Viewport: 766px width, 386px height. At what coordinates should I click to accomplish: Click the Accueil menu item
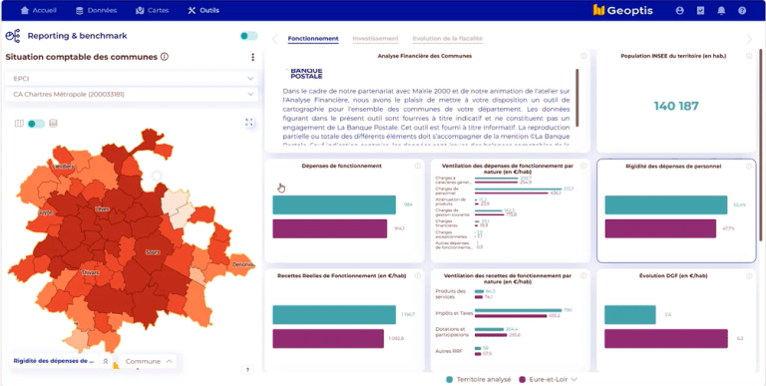[39, 10]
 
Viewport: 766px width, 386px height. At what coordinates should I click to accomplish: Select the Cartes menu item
[154, 10]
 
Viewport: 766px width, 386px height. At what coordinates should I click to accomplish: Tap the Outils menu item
[203, 10]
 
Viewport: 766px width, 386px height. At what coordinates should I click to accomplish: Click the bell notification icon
[720, 10]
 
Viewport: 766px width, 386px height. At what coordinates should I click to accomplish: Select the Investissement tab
[375, 39]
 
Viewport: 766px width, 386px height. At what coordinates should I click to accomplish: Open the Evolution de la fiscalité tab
[447, 39]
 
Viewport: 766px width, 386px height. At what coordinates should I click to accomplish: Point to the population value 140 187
[676, 104]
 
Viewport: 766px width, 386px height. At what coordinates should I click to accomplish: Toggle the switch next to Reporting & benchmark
[248, 36]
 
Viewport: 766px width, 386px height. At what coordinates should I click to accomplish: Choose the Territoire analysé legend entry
[480, 379]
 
